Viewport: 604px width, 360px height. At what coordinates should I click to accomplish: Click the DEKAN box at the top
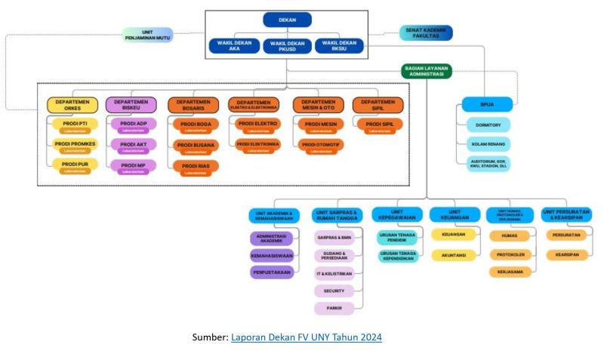tap(287, 20)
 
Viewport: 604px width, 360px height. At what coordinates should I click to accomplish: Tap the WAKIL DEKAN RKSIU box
tap(339, 46)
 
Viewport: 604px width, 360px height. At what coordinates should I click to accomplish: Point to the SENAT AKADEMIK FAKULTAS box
tap(426, 32)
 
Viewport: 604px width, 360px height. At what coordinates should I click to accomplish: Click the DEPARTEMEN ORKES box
tap(72, 105)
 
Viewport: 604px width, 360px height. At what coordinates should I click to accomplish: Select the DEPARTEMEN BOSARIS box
tap(196, 104)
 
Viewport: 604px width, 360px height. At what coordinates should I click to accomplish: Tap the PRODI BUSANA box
tap(196, 146)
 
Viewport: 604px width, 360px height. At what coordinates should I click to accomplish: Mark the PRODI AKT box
tap(134, 144)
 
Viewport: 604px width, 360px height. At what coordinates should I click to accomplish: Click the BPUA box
tap(488, 103)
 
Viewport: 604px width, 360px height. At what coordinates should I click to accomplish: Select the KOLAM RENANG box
tap(488, 143)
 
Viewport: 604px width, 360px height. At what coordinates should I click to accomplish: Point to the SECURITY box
tap(334, 291)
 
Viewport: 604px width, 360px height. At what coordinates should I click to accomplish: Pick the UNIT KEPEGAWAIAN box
tap(397, 214)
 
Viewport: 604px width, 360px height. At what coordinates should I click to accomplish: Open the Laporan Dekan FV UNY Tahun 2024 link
tap(306, 337)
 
